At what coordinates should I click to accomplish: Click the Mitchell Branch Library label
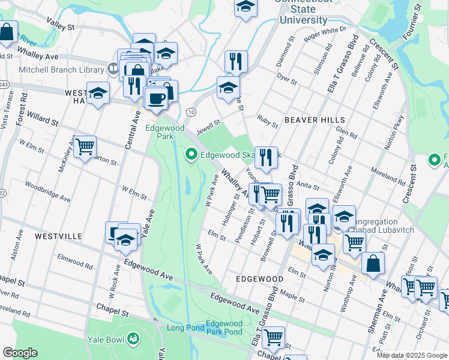pyautogui.click(x=53, y=70)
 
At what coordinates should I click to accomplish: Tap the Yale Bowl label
pyautogui.click(x=107, y=341)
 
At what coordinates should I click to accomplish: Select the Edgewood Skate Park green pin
pyautogui.click(x=191, y=155)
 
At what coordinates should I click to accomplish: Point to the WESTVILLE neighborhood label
pyautogui.click(x=58, y=236)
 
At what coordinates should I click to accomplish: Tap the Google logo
pyautogui.click(x=20, y=353)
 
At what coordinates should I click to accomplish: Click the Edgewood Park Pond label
pyautogui.click(x=224, y=328)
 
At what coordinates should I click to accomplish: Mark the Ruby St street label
pyautogui.click(x=267, y=122)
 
